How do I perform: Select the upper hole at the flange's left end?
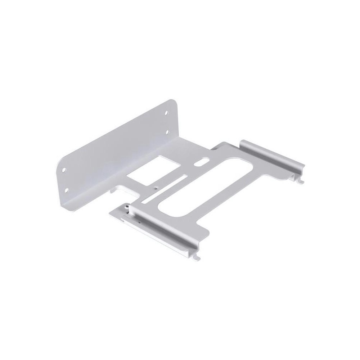pos(64,168)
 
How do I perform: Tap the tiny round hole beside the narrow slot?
pos(156,188)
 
